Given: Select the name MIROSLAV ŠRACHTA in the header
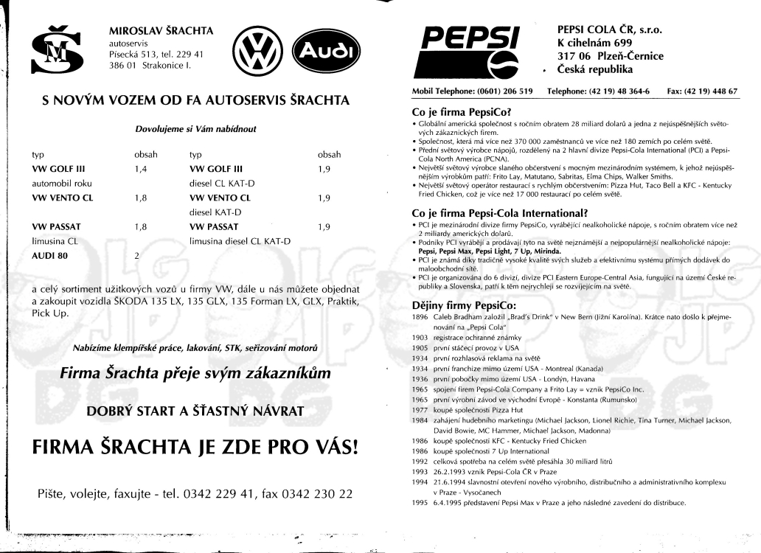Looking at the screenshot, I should (161, 31).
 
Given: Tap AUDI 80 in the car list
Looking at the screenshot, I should (52, 255).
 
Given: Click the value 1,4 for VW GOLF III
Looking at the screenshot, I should (142, 169).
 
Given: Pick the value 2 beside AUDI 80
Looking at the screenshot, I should (136, 255).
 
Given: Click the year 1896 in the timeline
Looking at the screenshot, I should (420, 316).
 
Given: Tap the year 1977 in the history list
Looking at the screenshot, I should (420, 409).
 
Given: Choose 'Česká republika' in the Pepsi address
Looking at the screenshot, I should (595, 70).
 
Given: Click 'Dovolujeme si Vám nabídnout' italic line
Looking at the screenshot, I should (195, 129).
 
